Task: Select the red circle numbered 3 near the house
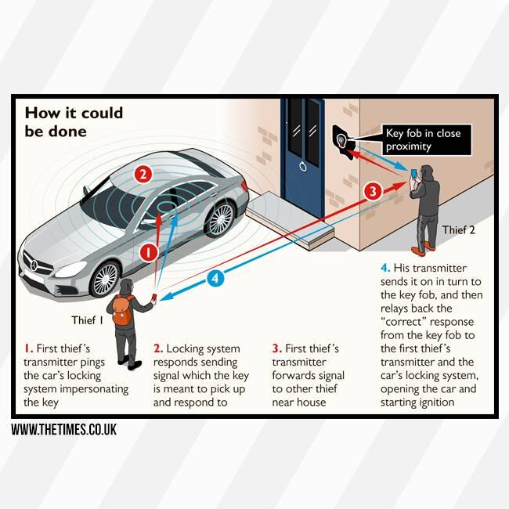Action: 373,190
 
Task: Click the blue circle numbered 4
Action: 217,277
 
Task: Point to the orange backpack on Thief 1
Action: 122,312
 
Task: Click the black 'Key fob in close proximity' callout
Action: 423,139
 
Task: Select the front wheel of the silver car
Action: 106,278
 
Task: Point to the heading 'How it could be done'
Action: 74,121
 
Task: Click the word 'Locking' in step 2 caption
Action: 188,348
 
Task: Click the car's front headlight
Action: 69,268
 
